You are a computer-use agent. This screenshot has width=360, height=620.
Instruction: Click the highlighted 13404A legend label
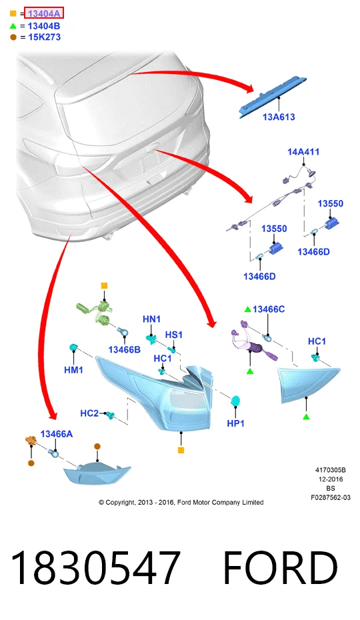coord(43,13)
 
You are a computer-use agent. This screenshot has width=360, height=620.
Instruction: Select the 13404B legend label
coord(44,26)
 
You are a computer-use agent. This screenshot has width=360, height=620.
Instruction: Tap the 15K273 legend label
coord(44,37)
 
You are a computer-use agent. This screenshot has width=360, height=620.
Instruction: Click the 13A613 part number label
coord(279,117)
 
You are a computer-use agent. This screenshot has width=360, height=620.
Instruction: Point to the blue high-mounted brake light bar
coord(275,97)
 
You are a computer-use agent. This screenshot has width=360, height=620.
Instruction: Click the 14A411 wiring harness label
coord(303,152)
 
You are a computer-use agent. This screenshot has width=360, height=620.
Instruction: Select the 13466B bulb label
coord(125,349)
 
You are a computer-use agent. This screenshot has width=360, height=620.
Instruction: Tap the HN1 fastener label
coord(151,319)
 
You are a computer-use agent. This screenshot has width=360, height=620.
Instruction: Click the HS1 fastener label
coord(174,335)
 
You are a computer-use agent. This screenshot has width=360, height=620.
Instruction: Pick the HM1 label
coord(73,370)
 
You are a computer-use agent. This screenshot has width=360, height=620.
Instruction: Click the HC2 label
coord(89,413)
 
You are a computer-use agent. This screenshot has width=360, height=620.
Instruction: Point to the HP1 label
coord(236,423)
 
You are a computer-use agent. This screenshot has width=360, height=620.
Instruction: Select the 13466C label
coord(269,309)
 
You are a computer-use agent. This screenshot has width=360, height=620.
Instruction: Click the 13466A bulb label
coord(57,434)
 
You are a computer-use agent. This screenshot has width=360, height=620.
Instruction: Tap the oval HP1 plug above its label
coord(236,401)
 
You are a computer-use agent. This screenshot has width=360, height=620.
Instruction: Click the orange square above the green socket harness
coord(104,285)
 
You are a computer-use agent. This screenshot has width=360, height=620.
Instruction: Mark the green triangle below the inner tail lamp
coord(306,417)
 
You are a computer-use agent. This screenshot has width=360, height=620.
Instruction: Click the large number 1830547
coord(95,568)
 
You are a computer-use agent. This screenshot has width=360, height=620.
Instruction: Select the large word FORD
coord(281,568)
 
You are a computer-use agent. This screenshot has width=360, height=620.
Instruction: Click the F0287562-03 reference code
coord(331,497)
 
